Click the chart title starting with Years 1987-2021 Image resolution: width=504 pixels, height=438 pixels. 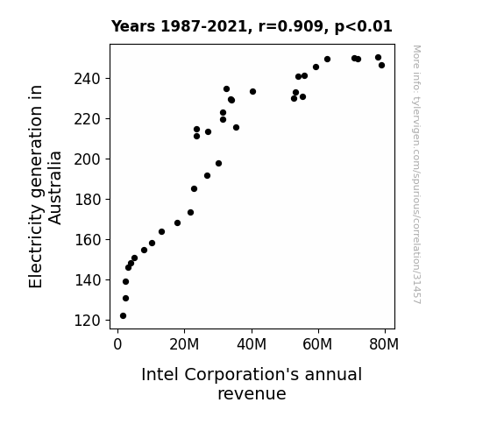252,26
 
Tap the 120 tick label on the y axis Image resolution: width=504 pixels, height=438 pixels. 87,321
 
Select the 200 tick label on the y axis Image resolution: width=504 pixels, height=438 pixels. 87,159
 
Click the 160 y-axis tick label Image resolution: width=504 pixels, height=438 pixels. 87,240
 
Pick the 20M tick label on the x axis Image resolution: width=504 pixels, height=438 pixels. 184,344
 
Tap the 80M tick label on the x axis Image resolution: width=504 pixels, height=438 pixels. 384,344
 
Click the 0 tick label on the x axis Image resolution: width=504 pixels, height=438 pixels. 117,344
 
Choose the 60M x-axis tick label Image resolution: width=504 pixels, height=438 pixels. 317,344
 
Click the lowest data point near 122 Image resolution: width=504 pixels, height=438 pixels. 123,316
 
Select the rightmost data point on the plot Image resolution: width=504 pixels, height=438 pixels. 381,65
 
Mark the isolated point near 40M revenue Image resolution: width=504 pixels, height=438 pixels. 252,92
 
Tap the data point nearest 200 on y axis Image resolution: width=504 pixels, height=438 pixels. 218,164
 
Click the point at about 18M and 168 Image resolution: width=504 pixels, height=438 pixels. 177,223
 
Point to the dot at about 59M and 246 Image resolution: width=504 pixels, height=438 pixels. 316,67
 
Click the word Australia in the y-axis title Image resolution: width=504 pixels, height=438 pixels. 54,187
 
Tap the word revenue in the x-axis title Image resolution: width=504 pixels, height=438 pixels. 252,393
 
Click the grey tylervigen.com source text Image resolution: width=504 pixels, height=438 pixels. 416,174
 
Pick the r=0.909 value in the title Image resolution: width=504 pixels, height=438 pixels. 291,26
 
